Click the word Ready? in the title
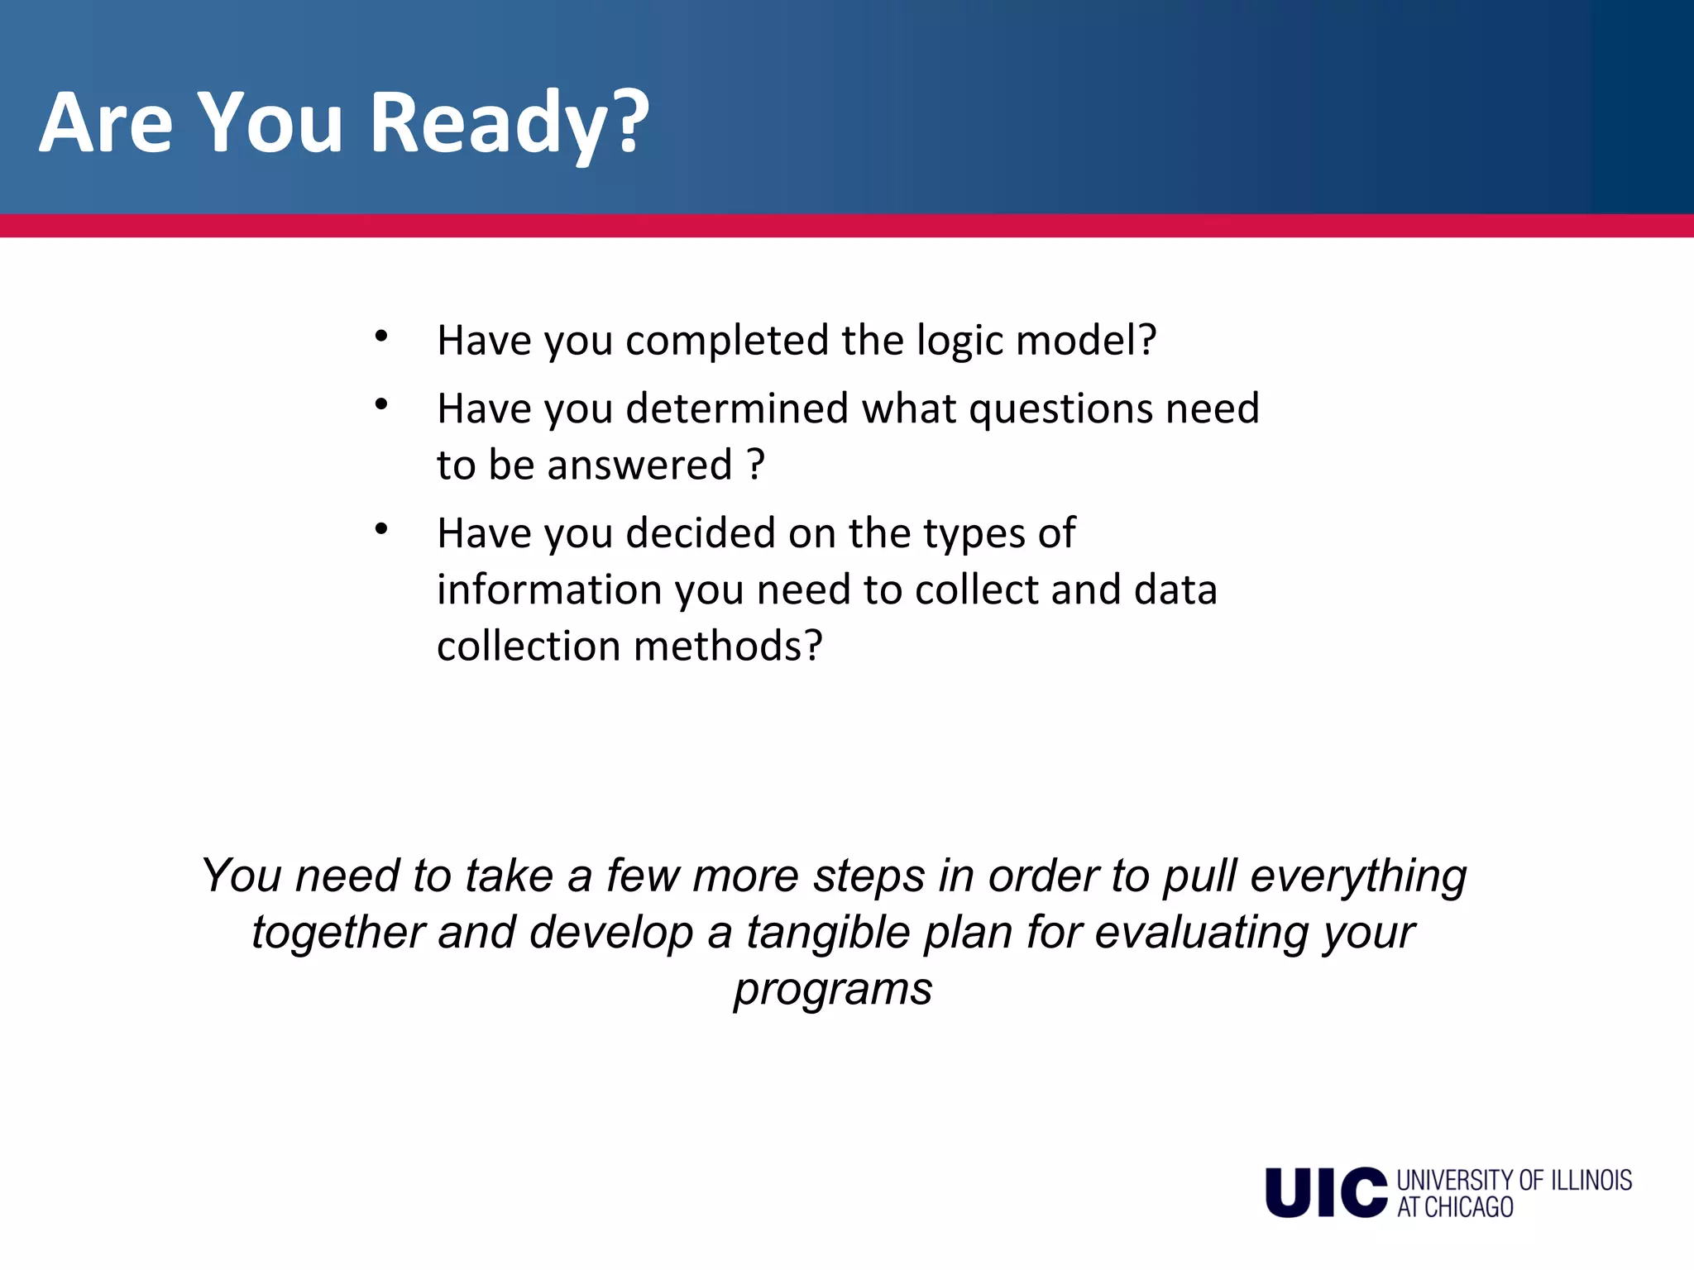[509, 124]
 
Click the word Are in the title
[106, 124]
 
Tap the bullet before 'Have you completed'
[380, 337]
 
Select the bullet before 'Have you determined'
[380, 405]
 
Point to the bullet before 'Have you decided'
[380, 529]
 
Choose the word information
[549, 590]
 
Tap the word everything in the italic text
[1357, 876]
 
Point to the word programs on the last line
[833, 990]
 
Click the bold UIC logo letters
[1325, 1192]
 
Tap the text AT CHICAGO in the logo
[1455, 1207]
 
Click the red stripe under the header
[847, 226]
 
